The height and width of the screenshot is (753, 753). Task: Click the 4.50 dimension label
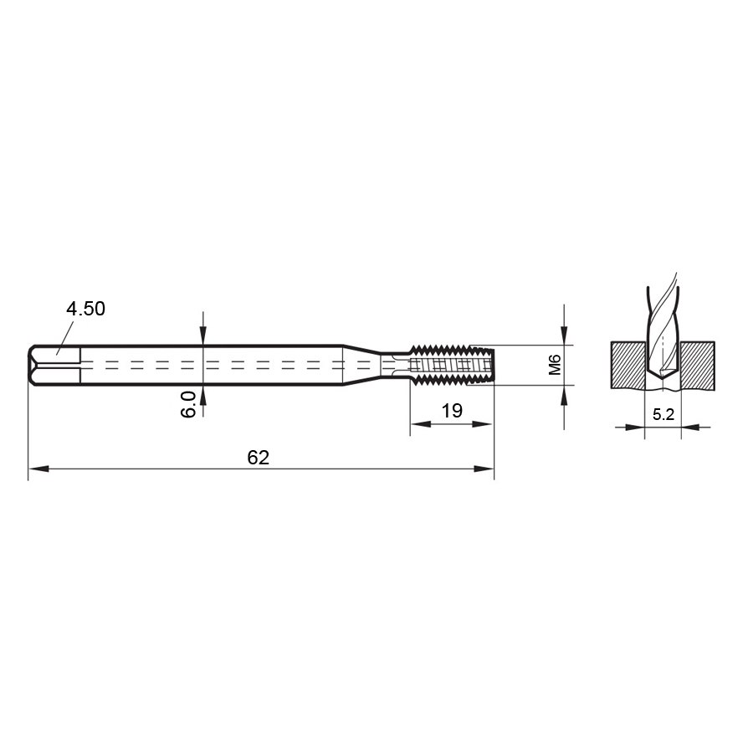coord(85,309)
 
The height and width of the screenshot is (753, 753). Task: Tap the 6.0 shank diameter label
coord(189,404)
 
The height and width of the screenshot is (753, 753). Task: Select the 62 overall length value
coord(259,458)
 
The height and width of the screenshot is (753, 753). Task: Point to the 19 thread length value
coord(452,411)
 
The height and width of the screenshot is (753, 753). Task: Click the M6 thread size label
coord(555,365)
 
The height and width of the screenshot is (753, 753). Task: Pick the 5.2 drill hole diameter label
coord(663,414)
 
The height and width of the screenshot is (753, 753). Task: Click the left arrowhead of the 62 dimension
coord(38,469)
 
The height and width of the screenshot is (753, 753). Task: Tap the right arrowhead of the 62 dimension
coord(484,469)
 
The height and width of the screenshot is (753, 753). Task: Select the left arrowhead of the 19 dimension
coord(420,424)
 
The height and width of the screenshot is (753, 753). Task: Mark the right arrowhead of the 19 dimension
coord(483,424)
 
